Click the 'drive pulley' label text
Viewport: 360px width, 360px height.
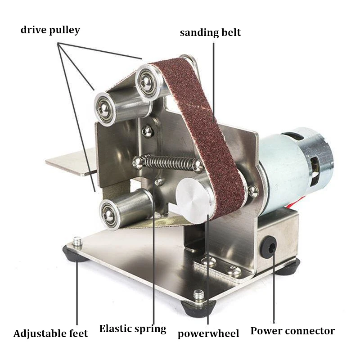tap(50, 30)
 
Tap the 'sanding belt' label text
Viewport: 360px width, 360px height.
tap(210, 32)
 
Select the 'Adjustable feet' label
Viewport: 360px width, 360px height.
tap(50, 333)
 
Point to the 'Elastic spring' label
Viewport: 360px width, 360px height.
tap(133, 328)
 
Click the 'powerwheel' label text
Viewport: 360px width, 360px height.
tap(208, 333)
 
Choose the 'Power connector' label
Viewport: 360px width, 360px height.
tap(292, 331)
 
